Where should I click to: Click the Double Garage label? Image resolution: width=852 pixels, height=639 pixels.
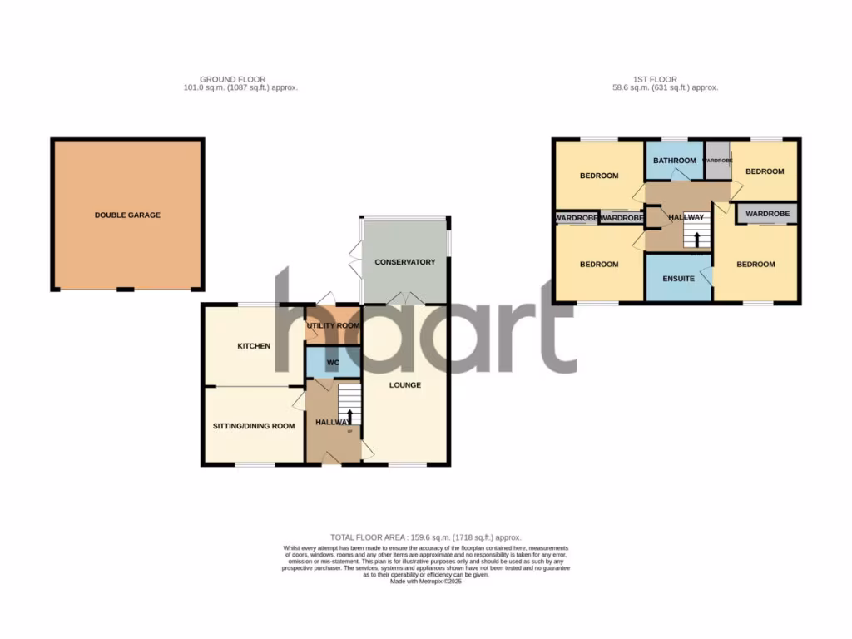tap(127, 215)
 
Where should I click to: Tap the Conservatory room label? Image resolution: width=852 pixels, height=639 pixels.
tap(404, 262)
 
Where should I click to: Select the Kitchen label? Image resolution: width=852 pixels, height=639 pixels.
tap(254, 345)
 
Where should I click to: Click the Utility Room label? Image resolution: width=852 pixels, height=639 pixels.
tap(333, 325)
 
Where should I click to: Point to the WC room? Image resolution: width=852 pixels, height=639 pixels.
tap(333, 363)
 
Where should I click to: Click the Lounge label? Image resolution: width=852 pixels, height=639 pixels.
tap(404, 385)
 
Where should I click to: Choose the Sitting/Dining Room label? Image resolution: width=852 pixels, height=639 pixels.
tap(254, 426)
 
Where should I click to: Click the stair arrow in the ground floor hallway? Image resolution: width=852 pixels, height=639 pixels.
tap(349, 417)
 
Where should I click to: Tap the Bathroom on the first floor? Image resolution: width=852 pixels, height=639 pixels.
tap(674, 161)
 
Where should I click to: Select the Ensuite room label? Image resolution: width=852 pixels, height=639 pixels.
tap(678, 279)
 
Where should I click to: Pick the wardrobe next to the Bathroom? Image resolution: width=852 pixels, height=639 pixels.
tap(717, 161)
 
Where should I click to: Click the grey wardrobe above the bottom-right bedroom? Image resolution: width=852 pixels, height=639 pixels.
tap(766, 214)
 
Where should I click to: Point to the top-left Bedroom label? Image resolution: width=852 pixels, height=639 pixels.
tap(599, 176)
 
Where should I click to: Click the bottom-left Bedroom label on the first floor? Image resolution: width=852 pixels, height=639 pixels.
tap(599, 265)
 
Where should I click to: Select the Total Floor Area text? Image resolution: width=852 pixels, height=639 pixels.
tap(426, 538)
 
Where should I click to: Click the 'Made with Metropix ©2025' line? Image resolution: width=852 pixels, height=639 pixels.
tap(426, 582)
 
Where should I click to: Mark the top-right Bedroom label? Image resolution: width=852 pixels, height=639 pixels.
tap(765, 171)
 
